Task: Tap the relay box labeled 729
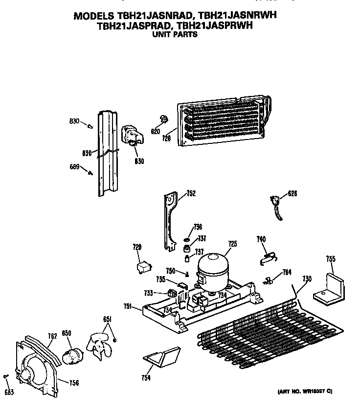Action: coord(143,267)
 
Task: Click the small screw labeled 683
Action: coord(6,376)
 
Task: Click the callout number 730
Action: coord(307,279)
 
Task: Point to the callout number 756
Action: coord(73,383)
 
